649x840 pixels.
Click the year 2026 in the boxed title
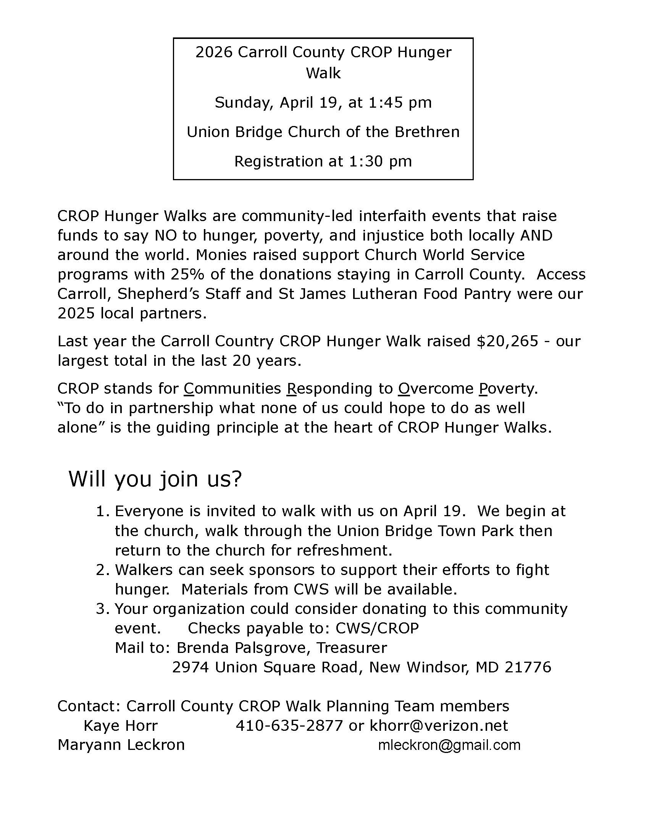[x=214, y=52]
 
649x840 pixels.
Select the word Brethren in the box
[x=427, y=132]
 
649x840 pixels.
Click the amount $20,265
[x=507, y=341]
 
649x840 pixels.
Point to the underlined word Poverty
[x=508, y=388]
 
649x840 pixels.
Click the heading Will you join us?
[x=155, y=479]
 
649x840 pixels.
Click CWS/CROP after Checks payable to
[x=377, y=628]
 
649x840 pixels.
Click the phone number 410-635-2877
[x=289, y=726]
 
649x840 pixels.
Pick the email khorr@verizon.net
[x=439, y=726]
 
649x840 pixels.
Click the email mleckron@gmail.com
[x=449, y=745]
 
